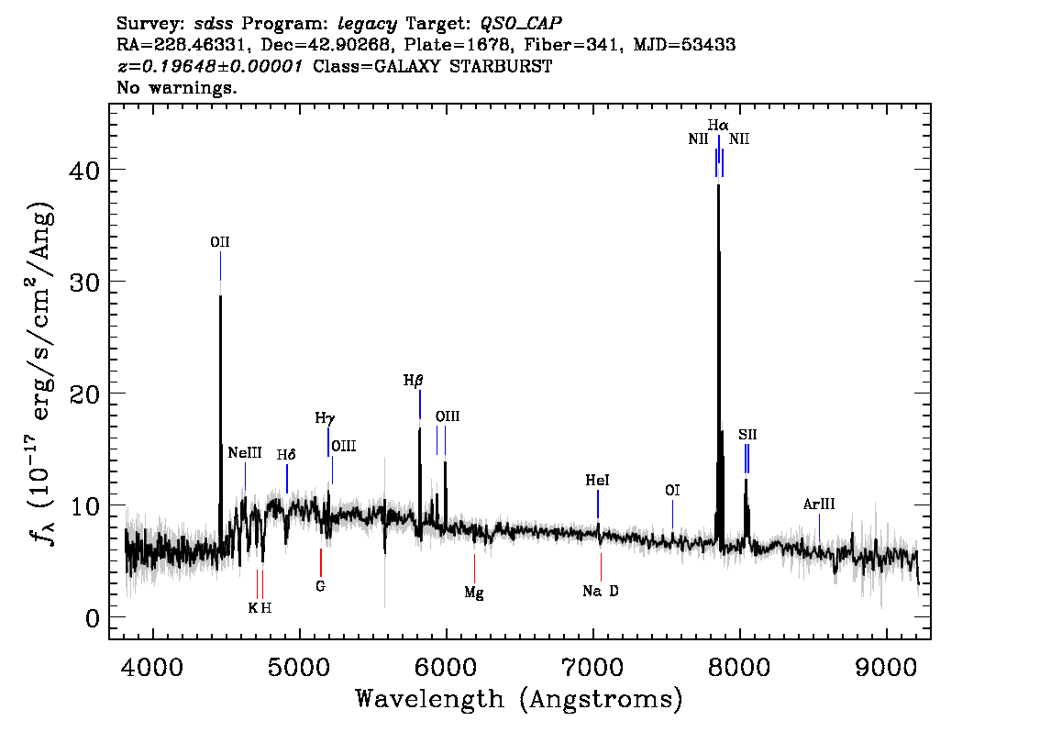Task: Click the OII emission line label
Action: point(220,242)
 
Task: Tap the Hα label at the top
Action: point(718,124)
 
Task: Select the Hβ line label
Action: point(413,380)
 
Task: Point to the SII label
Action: point(747,434)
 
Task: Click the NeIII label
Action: point(245,452)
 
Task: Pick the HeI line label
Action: point(597,480)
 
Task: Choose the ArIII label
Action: point(819,504)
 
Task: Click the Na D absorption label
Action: point(601,591)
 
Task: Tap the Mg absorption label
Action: point(474,593)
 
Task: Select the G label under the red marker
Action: point(320,585)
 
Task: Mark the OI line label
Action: point(672,491)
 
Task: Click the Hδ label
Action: point(287,454)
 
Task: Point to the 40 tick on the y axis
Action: point(85,170)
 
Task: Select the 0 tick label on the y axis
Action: point(92,617)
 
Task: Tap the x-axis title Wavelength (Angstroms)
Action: point(519,699)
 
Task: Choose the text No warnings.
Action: point(177,89)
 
